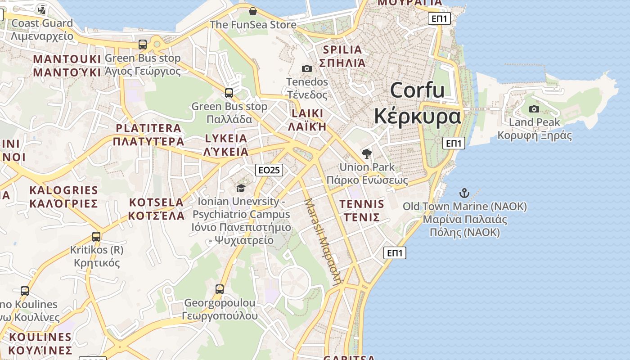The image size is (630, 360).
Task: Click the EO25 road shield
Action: [x=269, y=170]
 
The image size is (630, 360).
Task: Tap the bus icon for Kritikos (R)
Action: [x=96, y=236]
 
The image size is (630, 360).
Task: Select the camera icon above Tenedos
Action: [x=307, y=68]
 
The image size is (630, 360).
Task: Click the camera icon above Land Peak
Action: [x=534, y=109]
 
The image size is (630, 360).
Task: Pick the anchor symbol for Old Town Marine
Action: [x=464, y=193]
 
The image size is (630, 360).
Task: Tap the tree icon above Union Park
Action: [x=367, y=154]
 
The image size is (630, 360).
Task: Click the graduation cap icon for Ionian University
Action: [x=241, y=188]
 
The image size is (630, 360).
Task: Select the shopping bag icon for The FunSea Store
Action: [x=253, y=11]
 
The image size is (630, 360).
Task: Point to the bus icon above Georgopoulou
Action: [x=220, y=289]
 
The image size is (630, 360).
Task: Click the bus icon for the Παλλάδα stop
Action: [x=229, y=93]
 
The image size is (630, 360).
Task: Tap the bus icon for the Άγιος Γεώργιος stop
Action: [x=143, y=45]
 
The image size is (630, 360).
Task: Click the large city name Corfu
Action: [x=417, y=90]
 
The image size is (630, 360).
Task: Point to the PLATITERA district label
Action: [x=148, y=128]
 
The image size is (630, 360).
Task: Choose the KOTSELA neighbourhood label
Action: [x=156, y=202]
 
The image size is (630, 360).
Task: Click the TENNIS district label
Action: [x=362, y=204]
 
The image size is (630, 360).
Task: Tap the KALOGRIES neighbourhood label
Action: [x=63, y=190]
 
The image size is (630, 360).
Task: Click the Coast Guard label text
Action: [x=42, y=23]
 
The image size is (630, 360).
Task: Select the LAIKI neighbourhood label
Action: [x=307, y=113]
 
